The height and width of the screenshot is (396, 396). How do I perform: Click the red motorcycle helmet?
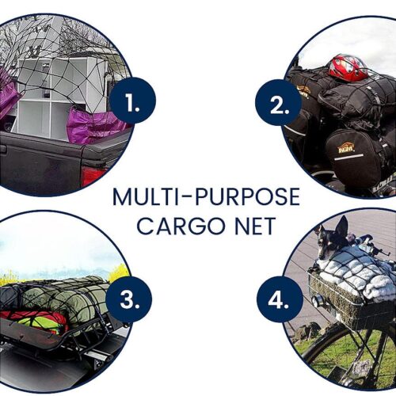click(x=348, y=67)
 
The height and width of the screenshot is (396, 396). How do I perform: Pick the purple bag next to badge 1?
click(x=95, y=125)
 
